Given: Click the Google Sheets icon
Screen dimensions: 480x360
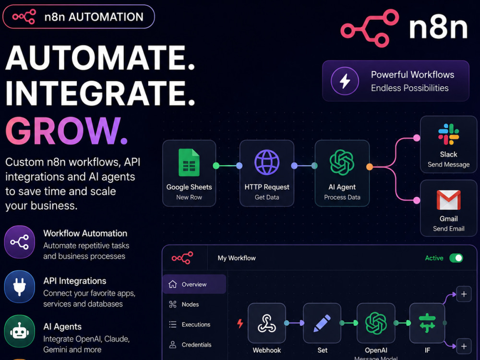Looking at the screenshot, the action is click(189, 163).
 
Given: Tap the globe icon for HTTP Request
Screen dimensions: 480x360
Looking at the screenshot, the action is click(266, 162).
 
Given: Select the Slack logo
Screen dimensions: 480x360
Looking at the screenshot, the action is click(448, 134).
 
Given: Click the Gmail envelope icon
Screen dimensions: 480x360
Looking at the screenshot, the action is click(448, 200).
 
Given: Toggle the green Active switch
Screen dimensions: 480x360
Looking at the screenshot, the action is click(456, 258).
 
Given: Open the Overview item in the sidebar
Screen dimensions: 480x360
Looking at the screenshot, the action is click(194, 284).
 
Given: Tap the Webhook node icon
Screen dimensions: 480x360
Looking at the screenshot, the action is click(266, 323).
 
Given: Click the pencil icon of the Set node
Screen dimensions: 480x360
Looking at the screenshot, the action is click(322, 323).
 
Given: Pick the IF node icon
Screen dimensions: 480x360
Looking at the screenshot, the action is click(427, 323).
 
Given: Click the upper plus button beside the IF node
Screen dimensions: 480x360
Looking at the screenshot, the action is click(464, 294).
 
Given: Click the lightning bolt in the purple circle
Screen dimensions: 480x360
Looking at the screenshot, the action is click(345, 81).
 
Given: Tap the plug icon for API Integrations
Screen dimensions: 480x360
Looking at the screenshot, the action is click(19, 287).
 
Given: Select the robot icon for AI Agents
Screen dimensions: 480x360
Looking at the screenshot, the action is click(19, 331).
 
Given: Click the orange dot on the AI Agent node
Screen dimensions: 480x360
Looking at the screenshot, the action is click(370, 167).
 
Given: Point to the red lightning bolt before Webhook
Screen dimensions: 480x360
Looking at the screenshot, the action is click(240, 323).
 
